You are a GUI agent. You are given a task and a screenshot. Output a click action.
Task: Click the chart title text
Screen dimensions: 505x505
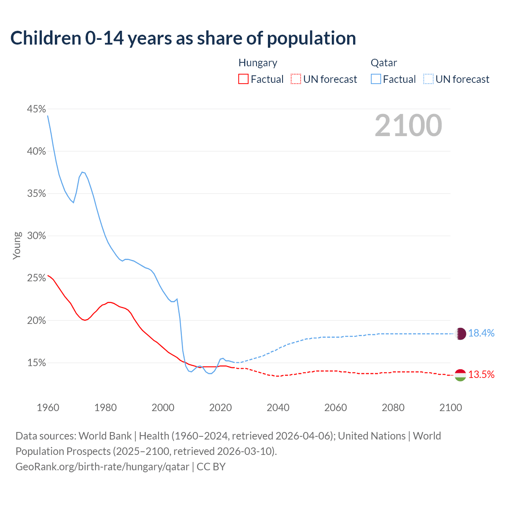click(x=183, y=38)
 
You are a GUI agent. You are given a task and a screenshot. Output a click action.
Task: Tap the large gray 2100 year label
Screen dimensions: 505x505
click(x=408, y=125)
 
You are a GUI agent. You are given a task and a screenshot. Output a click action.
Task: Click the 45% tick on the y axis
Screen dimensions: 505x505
click(x=36, y=109)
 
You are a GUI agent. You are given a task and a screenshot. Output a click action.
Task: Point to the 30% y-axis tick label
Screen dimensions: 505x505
click(x=36, y=236)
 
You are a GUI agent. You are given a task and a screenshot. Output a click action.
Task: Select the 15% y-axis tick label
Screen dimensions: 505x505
click(x=36, y=363)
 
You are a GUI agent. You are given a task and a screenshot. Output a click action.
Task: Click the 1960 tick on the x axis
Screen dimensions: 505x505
click(x=48, y=408)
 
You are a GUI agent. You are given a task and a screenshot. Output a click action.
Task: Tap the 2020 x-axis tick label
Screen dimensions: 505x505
click(x=221, y=408)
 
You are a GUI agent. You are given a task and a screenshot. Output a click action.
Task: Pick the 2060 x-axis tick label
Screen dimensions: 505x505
click(x=335, y=408)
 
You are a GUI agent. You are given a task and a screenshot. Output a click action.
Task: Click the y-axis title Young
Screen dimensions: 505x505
click(x=17, y=245)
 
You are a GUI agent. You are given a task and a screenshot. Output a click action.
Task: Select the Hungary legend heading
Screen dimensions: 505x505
click(x=258, y=63)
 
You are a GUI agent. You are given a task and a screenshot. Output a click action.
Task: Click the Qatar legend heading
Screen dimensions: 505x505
click(x=383, y=63)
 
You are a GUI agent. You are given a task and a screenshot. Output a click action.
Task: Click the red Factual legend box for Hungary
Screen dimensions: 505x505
click(x=243, y=79)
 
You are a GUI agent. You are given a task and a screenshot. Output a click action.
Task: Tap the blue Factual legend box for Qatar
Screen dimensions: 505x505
click(x=376, y=79)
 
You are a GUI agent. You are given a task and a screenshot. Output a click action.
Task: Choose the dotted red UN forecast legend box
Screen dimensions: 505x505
click(x=296, y=79)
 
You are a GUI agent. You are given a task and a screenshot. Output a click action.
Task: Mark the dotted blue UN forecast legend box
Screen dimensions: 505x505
click(x=428, y=79)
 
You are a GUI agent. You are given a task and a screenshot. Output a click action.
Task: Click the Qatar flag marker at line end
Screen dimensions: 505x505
click(x=460, y=334)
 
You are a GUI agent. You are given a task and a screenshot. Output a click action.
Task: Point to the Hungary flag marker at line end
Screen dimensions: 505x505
click(x=460, y=375)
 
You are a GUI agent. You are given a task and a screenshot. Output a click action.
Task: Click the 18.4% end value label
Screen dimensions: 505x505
click(x=481, y=333)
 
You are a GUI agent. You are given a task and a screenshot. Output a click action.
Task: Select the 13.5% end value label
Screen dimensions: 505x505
click(x=481, y=375)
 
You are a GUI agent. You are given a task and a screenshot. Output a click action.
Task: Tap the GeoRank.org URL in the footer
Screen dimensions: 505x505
click(x=102, y=467)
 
